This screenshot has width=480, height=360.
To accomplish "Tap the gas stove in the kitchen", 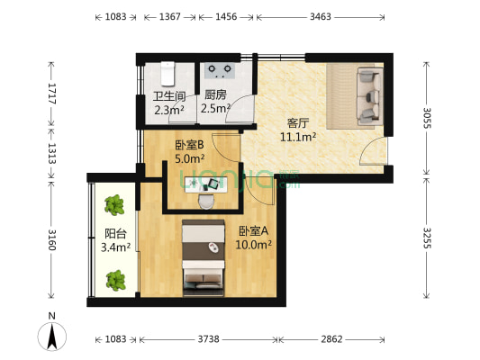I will (x=219, y=68).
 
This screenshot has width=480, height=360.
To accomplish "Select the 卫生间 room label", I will (x=168, y=96).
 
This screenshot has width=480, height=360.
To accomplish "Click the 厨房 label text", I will (x=215, y=96).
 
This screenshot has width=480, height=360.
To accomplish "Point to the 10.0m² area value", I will (x=255, y=244).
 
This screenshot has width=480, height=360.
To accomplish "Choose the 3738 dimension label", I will (x=209, y=340).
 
